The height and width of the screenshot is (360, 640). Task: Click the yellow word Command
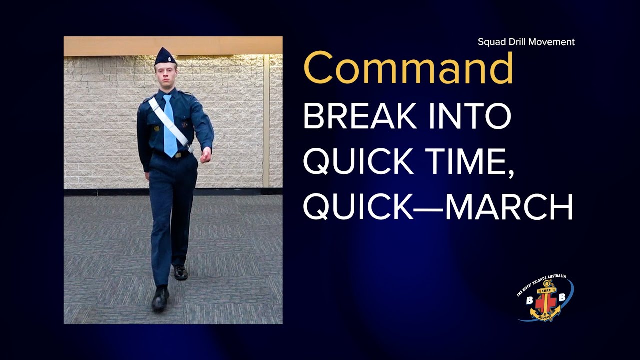(408, 68)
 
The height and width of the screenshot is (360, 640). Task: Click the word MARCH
(508, 207)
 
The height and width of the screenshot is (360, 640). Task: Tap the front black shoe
(160, 298)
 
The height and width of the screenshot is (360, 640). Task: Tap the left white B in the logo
(529, 300)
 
